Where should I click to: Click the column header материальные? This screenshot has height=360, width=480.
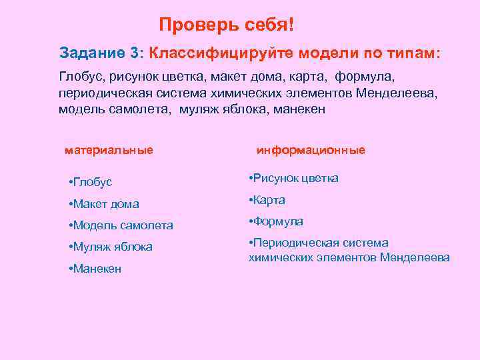tap(109, 150)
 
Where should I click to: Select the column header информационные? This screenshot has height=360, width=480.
tap(311, 150)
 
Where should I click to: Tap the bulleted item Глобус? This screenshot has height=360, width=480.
tap(91, 182)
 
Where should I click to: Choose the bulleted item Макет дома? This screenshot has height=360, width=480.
tap(104, 204)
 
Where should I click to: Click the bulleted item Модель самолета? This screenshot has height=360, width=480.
tap(121, 225)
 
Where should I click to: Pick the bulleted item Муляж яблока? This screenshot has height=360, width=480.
tap(111, 247)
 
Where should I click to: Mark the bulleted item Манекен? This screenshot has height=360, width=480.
tap(95, 269)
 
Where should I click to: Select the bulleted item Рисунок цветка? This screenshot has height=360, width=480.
tap(293, 178)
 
